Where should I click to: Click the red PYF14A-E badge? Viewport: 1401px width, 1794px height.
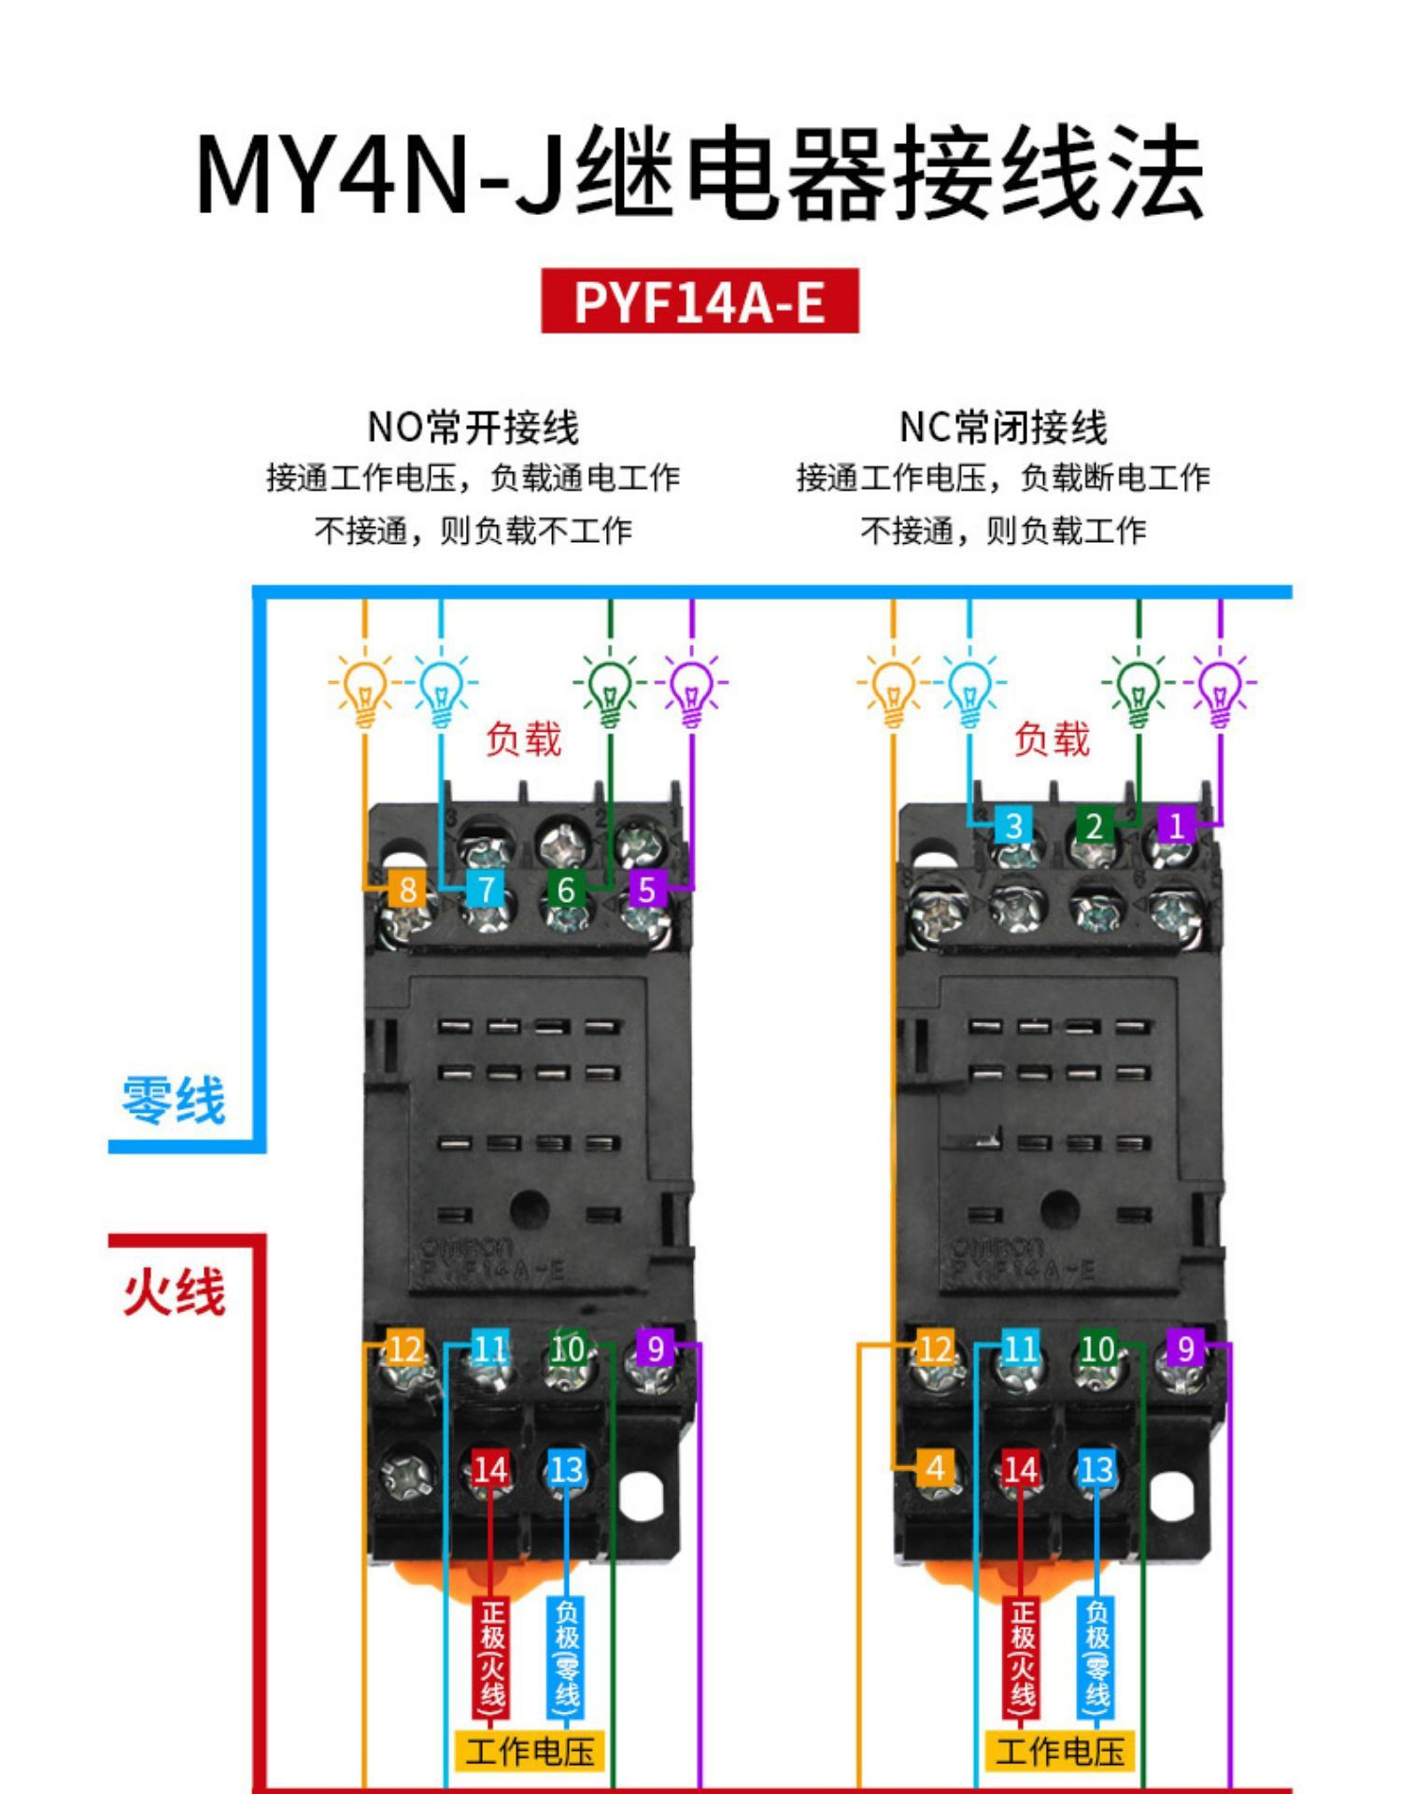700,301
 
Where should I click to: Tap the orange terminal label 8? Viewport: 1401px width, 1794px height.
407,889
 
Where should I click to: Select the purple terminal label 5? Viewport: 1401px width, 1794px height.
647,889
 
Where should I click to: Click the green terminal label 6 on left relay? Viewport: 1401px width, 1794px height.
565,889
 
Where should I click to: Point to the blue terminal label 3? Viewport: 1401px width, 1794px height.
1013,825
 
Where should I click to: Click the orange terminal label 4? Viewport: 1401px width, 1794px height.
935,1468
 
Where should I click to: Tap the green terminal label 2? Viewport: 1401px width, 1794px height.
1094,825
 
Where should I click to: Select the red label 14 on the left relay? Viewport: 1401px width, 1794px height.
490,1470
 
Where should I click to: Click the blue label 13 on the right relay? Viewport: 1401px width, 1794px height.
1097,1470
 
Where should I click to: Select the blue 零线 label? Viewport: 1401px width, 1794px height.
174,1100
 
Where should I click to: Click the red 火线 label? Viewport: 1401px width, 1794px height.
174,1292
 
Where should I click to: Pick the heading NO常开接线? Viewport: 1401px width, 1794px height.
473,428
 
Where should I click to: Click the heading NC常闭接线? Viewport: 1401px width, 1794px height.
1003,428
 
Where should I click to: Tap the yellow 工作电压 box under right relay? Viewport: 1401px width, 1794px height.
1060,1751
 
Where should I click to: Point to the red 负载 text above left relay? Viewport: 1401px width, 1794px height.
523,739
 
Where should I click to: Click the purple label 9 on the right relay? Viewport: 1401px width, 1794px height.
1185,1348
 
